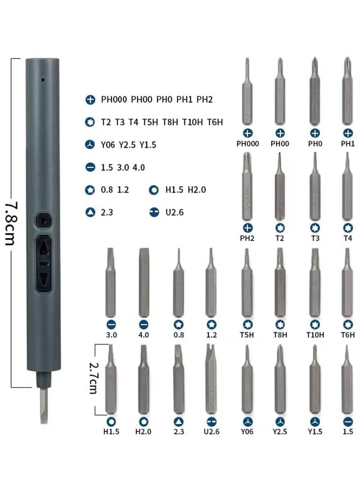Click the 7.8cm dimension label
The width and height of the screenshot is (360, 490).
[x=10, y=223]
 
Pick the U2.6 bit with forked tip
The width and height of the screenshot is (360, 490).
[x=211, y=380]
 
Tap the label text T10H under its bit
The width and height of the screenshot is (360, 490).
[x=315, y=334]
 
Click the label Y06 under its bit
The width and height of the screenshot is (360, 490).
[x=247, y=432]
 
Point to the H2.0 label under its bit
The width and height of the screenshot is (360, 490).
[x=144, y=432]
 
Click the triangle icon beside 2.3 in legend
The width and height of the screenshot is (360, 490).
[x=90, y=212]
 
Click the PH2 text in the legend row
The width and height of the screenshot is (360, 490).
[x=204, y=99]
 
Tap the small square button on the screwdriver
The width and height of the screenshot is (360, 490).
[x=43, y=221]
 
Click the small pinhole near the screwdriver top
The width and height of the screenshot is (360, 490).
[x=42, y=80]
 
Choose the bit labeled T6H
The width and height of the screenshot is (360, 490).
[x=347, y=285]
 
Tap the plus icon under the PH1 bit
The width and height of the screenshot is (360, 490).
[x=348, y=133]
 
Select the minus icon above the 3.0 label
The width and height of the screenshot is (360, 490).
[x=111, y=324]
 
